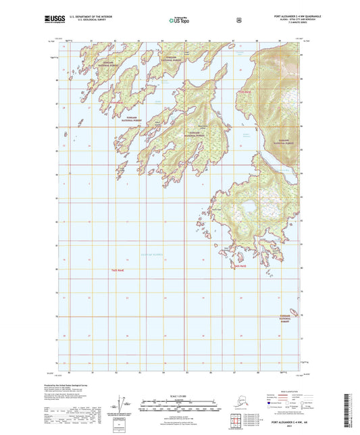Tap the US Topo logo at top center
[x=178, y=20]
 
